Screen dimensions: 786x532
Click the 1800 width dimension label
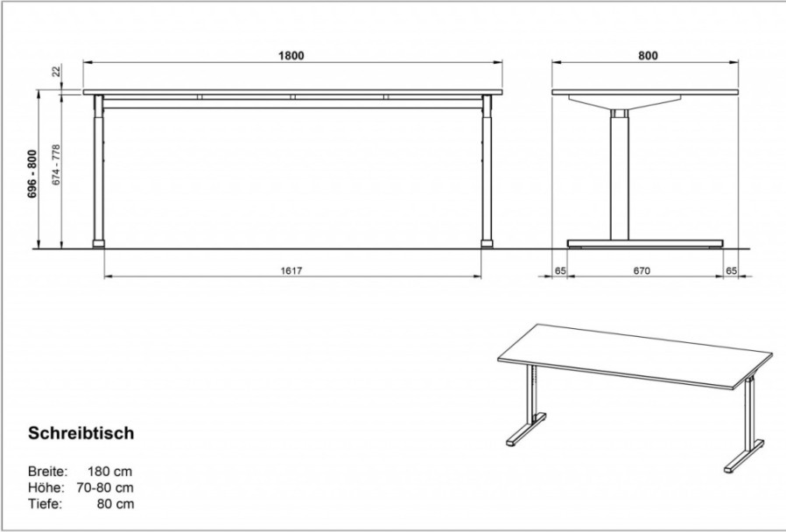click(x=291, y=55)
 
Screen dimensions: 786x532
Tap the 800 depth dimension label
click(x=648, y=55)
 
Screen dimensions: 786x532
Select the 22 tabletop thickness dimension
click(x=57, y=71)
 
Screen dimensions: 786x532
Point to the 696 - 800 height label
click(x=32, y=173)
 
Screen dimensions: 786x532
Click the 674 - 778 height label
click(x=56, y=164)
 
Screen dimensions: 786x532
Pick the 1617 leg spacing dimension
click(x=291, y=271)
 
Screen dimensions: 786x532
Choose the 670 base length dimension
click(x=642, y=271)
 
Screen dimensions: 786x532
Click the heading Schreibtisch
click(x=81, y=433)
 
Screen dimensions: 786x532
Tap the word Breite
click(x=47, y=472)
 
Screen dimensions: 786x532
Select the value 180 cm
click(x=109, y=472)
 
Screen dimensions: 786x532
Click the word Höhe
click(x=46, y=487)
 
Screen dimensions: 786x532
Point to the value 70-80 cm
click(x=105, y=487)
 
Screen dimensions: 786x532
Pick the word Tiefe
click(x=45, y=503)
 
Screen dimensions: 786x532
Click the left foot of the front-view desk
click(x=99, y=244)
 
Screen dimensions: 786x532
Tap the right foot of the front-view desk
click(x=487, y=244)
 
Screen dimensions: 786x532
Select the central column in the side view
click(x=619, y=174)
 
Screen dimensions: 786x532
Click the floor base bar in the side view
click(x=645, y=243)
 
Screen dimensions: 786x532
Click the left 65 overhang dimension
click(x=560, y=271)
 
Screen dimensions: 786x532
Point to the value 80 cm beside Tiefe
click(x=116, y=503)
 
